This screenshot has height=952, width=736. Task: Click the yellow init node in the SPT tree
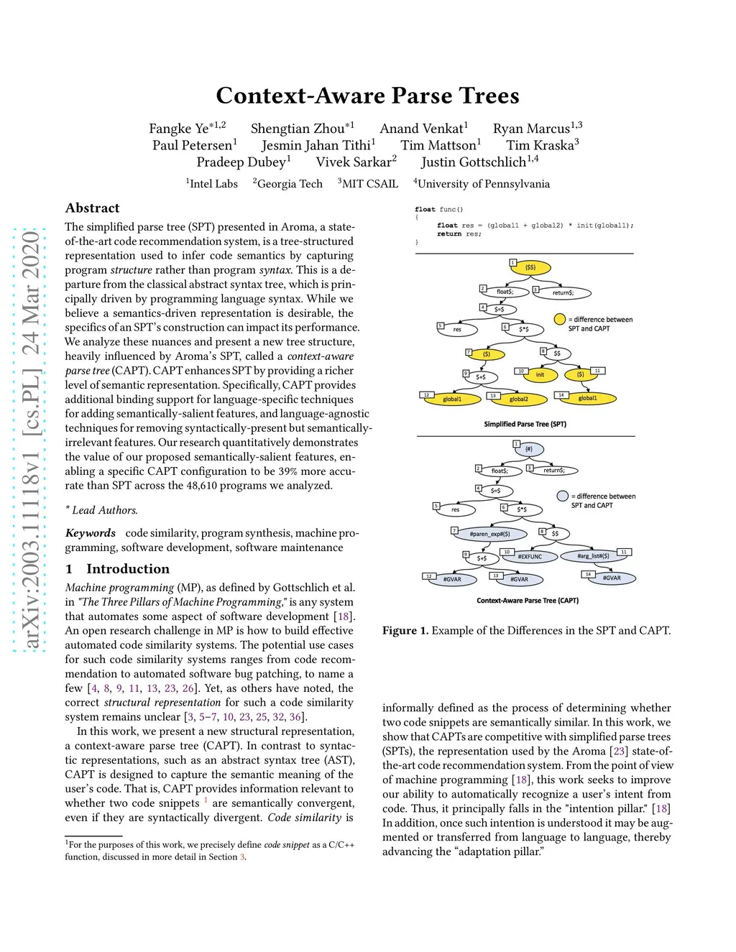click(540, 374)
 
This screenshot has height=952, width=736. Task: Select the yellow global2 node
click(518, 399)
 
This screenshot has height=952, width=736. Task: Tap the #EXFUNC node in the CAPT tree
click(530, 556)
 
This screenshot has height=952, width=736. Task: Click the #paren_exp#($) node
click(489, 534)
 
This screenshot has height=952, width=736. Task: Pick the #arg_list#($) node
click(593, 555)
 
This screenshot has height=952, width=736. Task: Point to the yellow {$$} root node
click(530, 267)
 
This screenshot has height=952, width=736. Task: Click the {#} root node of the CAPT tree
click(529, 449)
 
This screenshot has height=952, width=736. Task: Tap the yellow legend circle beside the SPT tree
click(560, 319)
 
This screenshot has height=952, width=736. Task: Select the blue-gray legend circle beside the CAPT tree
click(563, 496)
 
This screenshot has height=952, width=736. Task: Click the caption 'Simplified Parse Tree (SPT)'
click(525, 424)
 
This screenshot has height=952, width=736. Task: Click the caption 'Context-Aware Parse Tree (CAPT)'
click(527, 600)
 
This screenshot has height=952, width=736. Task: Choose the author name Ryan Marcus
click(531, 129)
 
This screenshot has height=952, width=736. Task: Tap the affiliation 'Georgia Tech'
click(290, 184)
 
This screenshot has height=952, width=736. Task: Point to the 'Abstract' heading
click(92, 208)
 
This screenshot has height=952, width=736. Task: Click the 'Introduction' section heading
click(128, 569)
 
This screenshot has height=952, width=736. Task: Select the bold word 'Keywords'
click(91, 533)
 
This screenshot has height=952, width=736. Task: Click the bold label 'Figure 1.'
click(405, 631)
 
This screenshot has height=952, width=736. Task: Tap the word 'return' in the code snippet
click(449, 234)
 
